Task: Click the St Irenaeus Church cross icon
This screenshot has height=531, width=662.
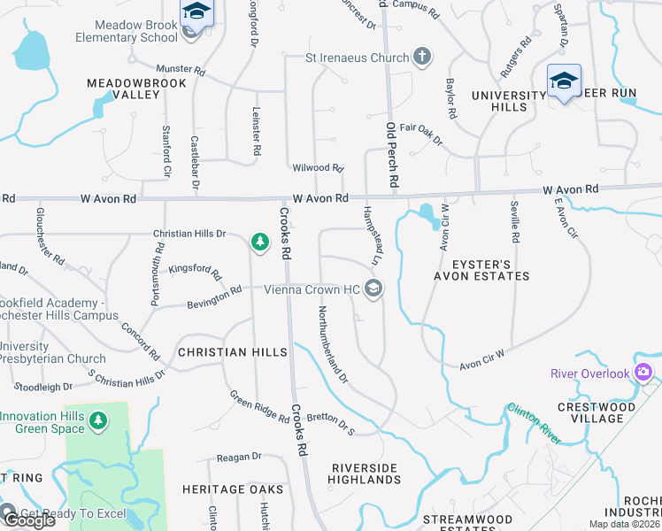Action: tap(422, 58)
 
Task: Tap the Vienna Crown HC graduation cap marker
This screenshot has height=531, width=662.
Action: tap(373, 289)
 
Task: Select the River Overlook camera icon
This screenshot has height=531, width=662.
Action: tap(643, 373)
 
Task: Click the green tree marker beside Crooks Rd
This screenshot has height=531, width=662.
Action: tap(259, 242)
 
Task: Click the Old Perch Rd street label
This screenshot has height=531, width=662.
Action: tap(392, 154)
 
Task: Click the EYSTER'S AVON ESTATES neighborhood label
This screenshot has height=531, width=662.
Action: tap(481, 269)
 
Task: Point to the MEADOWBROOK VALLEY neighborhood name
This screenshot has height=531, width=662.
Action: tap(124, 88)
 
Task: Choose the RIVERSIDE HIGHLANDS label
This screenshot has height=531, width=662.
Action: tap(365, 473)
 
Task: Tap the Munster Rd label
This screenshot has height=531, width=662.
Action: tap(181, 68)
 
